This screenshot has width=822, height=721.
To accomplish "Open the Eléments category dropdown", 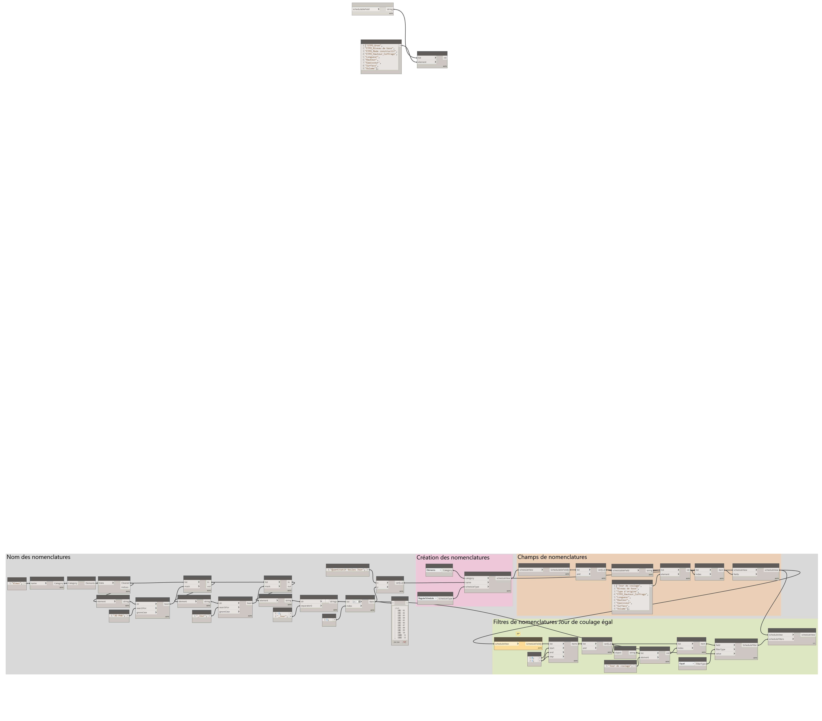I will pos(433,570).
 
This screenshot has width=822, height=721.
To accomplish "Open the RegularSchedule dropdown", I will pos(427,598).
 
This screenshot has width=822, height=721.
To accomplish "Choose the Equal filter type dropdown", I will pos(686,664).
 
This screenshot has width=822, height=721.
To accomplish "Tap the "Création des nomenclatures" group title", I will pos(453,557).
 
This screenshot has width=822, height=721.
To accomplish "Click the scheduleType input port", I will pos(477,587).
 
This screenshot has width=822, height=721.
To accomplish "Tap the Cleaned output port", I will pos(125,583).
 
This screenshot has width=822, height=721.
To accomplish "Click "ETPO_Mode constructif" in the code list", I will pos(380,51).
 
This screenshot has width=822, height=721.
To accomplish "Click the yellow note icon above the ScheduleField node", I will pos(518,634).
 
